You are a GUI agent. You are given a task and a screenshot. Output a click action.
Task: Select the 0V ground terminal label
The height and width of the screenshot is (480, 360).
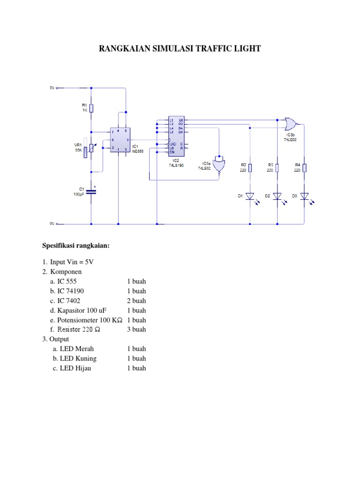point(52,224)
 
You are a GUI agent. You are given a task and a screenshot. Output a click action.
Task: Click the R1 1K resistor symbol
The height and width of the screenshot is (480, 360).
point(91,108)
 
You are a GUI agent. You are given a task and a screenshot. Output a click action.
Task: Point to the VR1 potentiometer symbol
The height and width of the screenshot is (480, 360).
point(91,147)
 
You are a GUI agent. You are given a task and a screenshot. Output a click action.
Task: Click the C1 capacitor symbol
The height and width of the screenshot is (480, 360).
point(91,192)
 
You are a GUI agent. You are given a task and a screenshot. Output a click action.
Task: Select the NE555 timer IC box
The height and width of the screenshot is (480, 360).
point(119,140)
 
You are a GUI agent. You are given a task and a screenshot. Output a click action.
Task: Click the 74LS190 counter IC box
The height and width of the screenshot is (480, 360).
point(176,136)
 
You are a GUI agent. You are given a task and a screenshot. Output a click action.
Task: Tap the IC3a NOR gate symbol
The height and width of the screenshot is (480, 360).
point(219,165)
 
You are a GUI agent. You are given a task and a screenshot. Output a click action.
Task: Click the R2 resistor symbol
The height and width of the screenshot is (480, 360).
point(250,168)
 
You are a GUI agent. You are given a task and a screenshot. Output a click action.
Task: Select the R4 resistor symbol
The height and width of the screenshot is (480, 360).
point(304,168)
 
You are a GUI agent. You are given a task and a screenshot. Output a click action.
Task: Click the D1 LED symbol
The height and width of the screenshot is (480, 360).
point(250,196)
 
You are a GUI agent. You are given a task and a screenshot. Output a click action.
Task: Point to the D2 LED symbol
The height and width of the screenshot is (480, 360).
point(277,196)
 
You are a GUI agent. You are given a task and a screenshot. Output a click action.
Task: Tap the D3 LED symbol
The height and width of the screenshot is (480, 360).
point(304,196)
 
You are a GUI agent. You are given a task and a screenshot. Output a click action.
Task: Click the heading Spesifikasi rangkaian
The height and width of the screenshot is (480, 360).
point(75,245)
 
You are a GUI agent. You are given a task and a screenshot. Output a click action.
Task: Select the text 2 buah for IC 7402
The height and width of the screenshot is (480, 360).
point(136,300)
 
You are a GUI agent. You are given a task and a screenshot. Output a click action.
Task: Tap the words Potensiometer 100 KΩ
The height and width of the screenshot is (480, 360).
point(90,320)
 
